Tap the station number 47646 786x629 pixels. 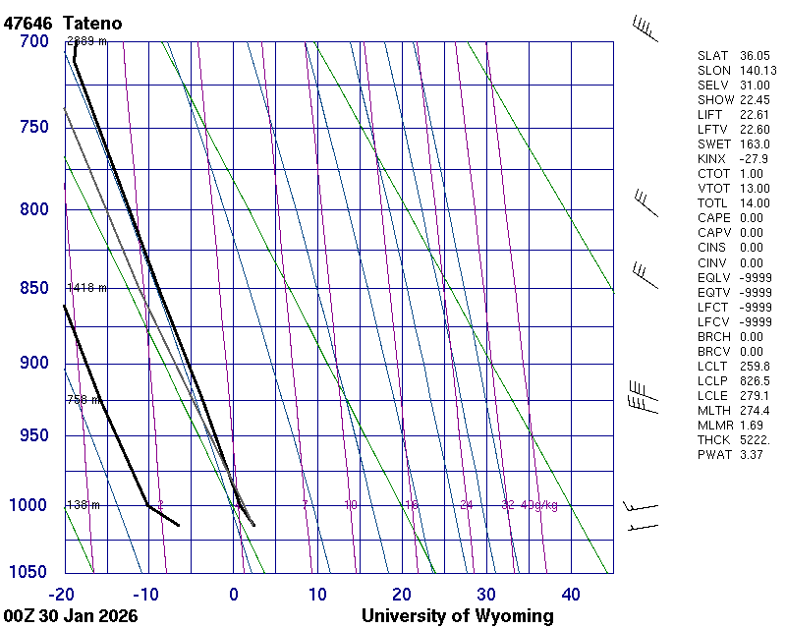point(28,23)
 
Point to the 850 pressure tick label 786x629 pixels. point(35,288)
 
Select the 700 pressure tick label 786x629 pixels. point(35,41)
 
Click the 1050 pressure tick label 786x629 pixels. point(31,573)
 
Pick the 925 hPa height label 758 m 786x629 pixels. point(85,400)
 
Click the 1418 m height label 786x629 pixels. point(86,288)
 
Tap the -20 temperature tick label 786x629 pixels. point(62,594)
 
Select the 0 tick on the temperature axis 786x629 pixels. point(234,594)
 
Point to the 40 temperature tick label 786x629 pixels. point(571,594)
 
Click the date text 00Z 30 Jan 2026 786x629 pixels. point(71,616)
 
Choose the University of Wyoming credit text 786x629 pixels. point(457,616)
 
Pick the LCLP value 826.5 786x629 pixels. point(754,380)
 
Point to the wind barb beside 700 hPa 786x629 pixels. point(645,29)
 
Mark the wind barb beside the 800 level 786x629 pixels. point(645,202)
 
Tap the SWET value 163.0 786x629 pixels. point(754,144)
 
